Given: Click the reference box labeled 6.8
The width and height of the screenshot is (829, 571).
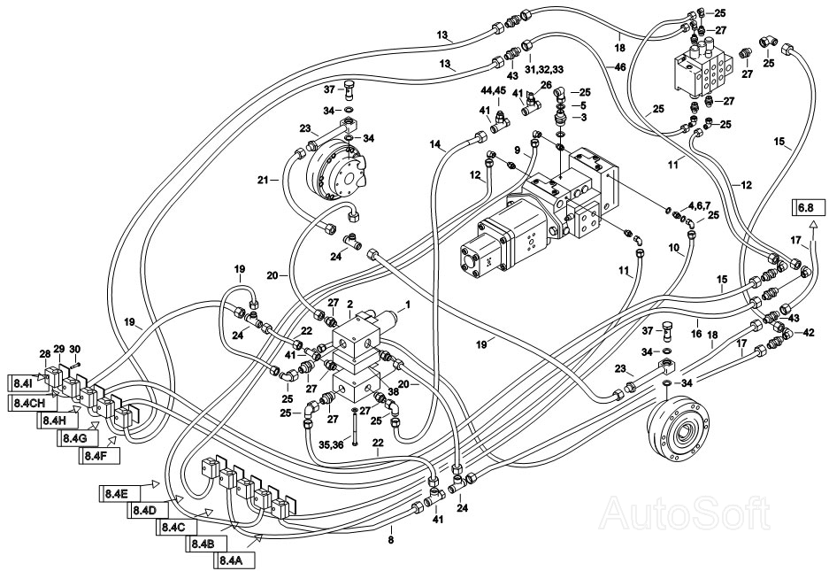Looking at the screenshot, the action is pyautogui.click(x=809, y=207).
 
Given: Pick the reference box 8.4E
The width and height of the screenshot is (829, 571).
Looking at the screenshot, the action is pyautogui.click(x=119, y=494).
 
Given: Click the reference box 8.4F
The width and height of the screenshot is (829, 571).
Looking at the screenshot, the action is pyautogui.click(x=99, y=455).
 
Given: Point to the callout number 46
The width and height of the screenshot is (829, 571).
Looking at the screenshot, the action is pyautogui.click(x=620, y=66).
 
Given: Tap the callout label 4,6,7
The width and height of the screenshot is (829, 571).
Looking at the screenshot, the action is pyautogui.click(x=699, y=204).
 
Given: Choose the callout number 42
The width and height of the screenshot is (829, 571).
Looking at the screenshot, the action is pyautogui.click(x=809, y=334).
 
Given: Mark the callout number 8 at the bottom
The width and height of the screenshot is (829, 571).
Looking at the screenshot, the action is pyautogui.click(x=391, y=541).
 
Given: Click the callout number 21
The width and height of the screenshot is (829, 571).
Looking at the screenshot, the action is pyautogui.click(x=264, y=181).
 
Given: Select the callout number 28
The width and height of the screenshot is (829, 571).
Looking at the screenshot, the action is pyautogui.click(x=46, y=353).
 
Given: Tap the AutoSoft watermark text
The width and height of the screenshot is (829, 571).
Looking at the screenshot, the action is pyautogui.click(x=687, y=513).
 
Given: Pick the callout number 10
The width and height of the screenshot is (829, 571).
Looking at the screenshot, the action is pyautogui.click(x=673, y=247).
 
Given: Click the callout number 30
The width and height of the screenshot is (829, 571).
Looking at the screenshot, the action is pyautogui.click(x=75, y=349).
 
